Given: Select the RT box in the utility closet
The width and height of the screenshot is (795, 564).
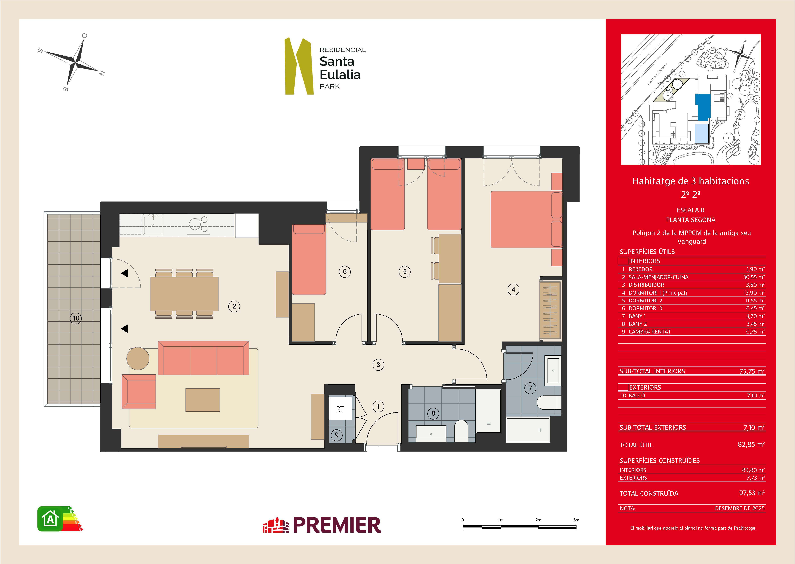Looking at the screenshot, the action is click(340, 409).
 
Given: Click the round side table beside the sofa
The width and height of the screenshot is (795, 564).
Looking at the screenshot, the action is click(138, 358).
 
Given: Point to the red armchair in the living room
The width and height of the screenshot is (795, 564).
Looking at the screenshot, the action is click(139, 392).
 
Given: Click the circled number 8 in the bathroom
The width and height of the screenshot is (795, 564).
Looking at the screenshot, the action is click(433, 413).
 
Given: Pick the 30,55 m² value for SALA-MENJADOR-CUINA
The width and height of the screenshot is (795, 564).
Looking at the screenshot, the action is click(754, 277).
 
